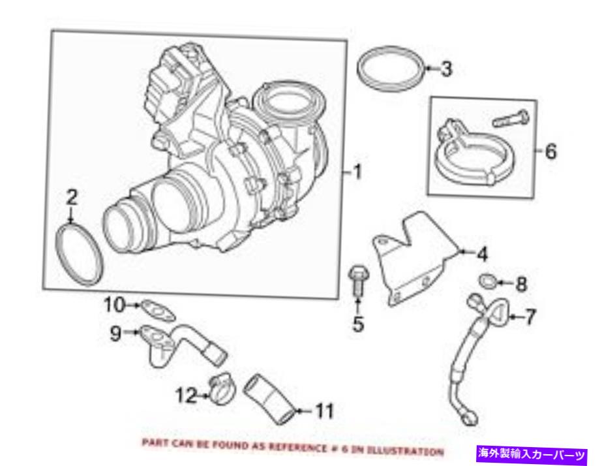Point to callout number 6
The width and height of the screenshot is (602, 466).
click(x=551, y=152)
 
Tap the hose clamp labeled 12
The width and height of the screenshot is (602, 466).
click(x=220, y=389)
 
